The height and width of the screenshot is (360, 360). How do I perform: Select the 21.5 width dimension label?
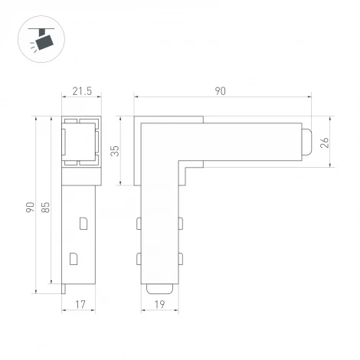pyautogui.click(x=81, y=91)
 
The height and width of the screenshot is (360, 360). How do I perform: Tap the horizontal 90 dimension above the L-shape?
pyautogui.click(x=221, y=91)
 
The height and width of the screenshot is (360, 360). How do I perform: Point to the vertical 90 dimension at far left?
pyautogui.click(x=29, y=207)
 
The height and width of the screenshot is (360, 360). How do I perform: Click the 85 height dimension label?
pyautogui.click(x=46, y=207)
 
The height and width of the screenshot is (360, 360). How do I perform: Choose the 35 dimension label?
pyautogui.click(x=116, y=151)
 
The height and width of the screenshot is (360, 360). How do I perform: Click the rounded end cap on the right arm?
pyautogui.click(x=306, y=142)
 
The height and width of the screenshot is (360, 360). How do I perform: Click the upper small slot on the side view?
pyautogui.click(x=83, y=223)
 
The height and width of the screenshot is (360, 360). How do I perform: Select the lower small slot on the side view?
pyautogui.click(x=74, y=257)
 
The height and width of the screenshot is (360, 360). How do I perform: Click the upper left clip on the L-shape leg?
pyautogui.click(x=139, y=223)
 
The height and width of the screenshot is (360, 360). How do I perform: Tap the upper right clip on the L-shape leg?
pyautogui.click(x=182, y=223)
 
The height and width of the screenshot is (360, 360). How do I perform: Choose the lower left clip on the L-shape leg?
pyautogui.click(x=139, y=259)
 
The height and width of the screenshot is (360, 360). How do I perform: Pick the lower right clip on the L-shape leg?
pyautogui.click(x=182, y=259)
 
